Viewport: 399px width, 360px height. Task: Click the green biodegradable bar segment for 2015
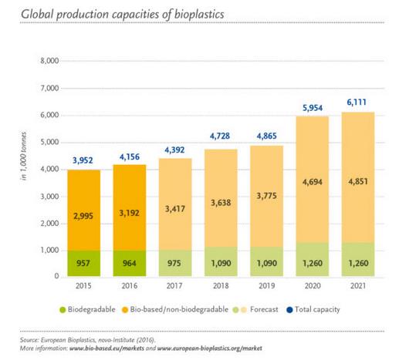(x=84, y=264)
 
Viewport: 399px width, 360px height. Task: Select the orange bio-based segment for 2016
(x=130, y=207)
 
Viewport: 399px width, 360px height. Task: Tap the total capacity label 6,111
(x=357, y=103)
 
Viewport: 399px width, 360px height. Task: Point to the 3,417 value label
(x=175, y=209)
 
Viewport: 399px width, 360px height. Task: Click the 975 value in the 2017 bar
(x=174, y=263)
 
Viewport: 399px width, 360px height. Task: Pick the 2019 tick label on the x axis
(x=267, y=286)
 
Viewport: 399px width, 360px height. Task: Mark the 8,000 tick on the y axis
(x=49, y=61)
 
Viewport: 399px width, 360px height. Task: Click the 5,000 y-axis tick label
(x=49, y=142)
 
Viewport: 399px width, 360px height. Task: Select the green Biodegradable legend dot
(x=63, y=310)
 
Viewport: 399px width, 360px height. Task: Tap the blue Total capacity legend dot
(x=289, y=310)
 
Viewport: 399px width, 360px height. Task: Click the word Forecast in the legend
(x=264, y=309)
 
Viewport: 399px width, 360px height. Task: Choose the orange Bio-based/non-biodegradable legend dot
(x=125, y=310)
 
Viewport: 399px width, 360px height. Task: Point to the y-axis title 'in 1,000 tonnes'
(x=24, y=156)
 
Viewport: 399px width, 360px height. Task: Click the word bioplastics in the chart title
(x=199, y=15)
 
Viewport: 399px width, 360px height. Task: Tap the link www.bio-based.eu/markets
(x=107, y=348)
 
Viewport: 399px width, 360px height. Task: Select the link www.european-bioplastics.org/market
(x=210, y=348)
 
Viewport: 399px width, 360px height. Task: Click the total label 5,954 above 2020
(x=313, y=108)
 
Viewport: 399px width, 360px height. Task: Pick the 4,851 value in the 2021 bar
(x=358, y=182)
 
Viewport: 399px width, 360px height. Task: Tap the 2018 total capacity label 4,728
(x=220, y=136)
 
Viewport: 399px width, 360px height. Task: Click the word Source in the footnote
(x=29, y=340)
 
